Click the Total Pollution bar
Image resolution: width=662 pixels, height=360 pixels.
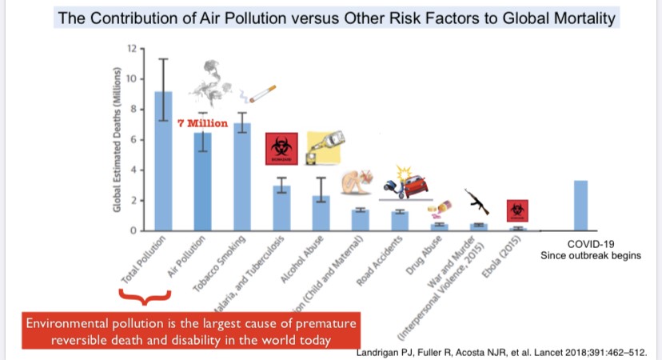pyautogui.click(x=163, y=161)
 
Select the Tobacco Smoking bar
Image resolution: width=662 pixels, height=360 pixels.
pyautogui.click(x=242, y=177)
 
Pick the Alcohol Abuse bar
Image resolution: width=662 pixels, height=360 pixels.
pyautogui.click(x=321, y=213)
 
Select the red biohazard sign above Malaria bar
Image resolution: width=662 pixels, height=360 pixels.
pyautogui.click(x=281, y=150)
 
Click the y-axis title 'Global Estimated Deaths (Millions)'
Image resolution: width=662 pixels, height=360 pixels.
pyautogui.click(x=117, y=141)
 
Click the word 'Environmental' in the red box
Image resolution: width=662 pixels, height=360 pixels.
pyautogui.click(x=68, y=324)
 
